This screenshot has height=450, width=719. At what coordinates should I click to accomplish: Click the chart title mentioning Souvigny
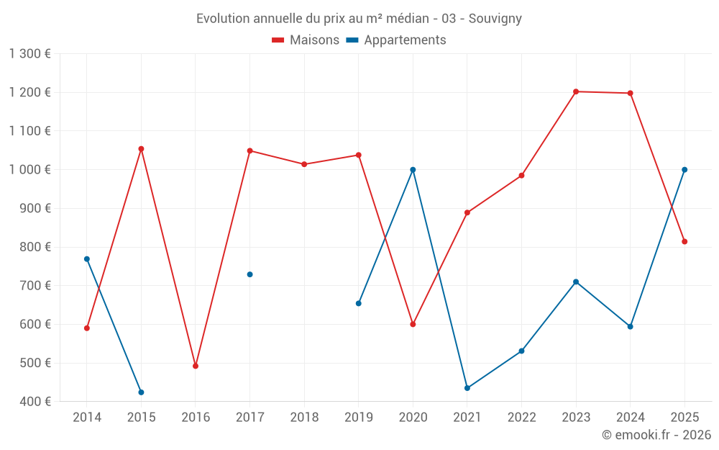coord(359,18)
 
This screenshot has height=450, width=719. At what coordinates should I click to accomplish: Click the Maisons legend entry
coord(306,40)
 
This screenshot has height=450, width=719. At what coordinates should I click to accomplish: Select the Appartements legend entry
coord(396,40)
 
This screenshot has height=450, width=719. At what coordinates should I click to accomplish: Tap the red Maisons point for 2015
coord(141,149)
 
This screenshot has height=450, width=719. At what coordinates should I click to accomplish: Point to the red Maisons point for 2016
coord(196,366)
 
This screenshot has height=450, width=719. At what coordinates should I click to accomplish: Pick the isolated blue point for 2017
coord(249,274)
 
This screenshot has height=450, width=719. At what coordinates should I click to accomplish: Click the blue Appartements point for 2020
coord(413,170)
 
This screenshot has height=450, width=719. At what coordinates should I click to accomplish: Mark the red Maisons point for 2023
coord(576,91)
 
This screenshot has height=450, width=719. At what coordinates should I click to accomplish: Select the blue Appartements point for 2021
coord(467,388)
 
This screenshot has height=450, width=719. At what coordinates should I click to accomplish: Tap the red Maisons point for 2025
coord(684,242)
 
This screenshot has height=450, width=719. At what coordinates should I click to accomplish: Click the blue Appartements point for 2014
coord(87,259)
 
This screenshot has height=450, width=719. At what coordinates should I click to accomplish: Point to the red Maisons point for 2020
coord(413,324)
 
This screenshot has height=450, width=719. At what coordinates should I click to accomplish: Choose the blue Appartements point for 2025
coord(684,170)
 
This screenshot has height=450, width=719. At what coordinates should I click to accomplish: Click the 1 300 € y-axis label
coord(30,54)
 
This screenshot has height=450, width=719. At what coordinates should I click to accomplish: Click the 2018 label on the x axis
coord(304,418)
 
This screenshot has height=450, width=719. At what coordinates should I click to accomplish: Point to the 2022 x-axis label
coord(521,418)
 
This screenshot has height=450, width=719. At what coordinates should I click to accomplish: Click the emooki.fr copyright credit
coord(656,435)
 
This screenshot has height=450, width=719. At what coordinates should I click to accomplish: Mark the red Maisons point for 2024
coord(630,93)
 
